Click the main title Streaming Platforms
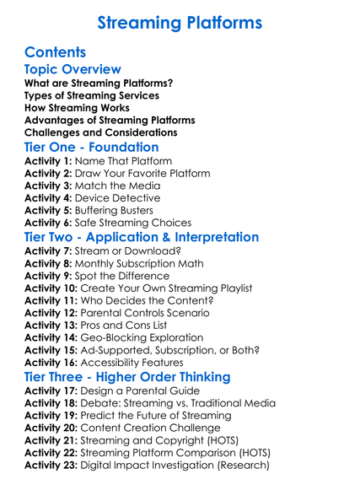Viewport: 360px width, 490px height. point(180,22)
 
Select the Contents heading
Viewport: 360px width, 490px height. point(56,52)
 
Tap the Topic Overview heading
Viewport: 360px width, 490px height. point(73,69)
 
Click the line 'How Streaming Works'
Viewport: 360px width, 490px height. point(77,108)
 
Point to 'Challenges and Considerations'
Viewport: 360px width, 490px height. point(100,132)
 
